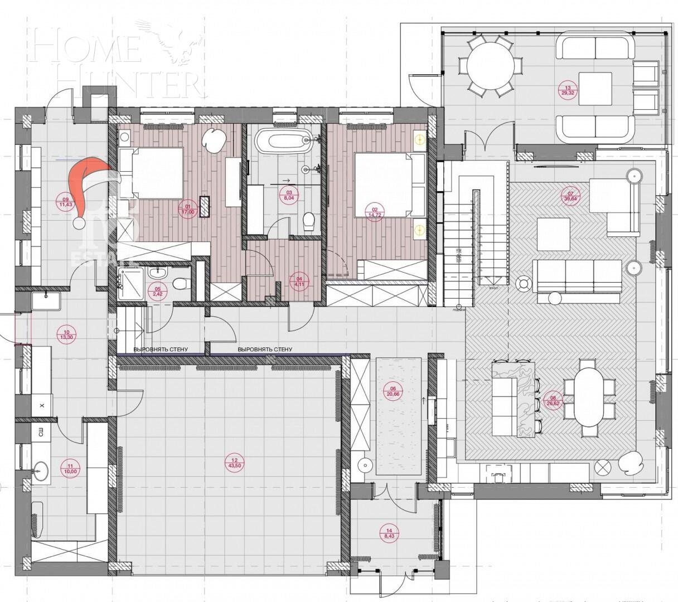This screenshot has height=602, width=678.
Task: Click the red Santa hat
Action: (89, 187)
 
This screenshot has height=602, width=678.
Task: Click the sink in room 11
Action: (40, 471)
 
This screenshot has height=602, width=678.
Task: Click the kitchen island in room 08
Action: (513, 398)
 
